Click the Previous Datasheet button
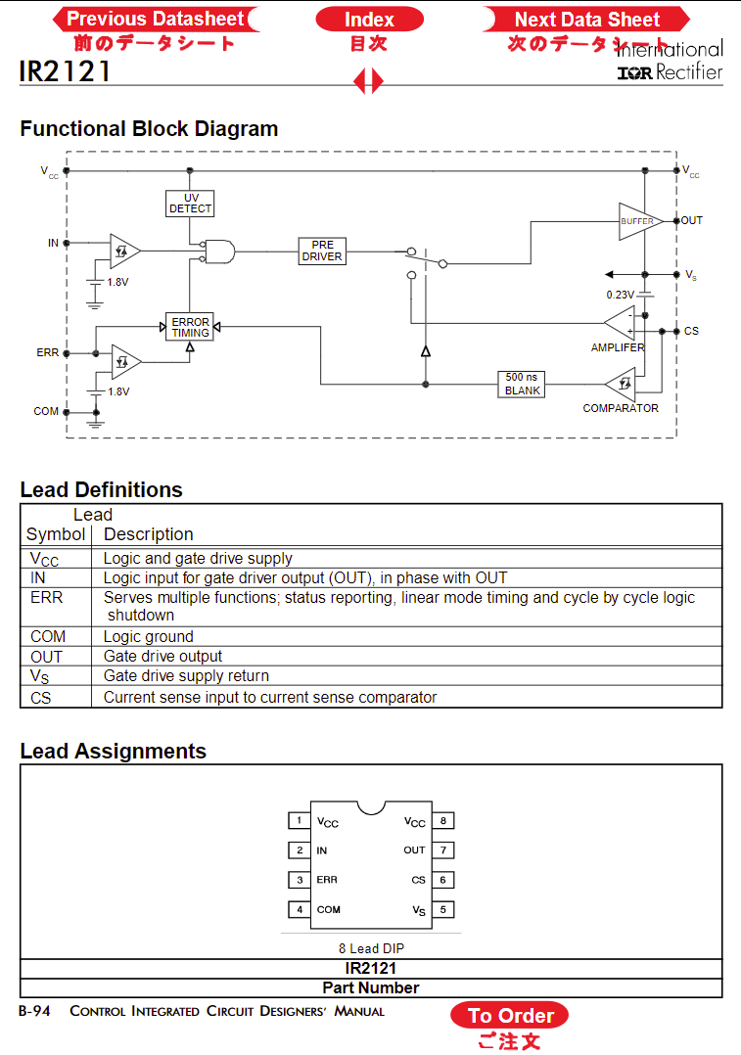click(x=156, y=19)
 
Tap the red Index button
click(x=369, y=20)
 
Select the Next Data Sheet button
click(x=586, y=20)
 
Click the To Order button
click(x=509, y=1015)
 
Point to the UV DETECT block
click(x=190, y=204)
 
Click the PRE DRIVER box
click(x=322, y=251)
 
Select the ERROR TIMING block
click(x=190, y=327)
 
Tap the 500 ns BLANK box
click(x=521, y=385)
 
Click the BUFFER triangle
click(x=639, y=221)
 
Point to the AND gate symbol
click(x=219, y=252)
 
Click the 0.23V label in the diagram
click(x=620, y=295)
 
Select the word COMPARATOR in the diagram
click(x=621, y=408)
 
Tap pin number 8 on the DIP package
click(x=442, y=820)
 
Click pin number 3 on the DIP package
click(x=300, y=880)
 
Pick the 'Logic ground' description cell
click(x=149, y=636)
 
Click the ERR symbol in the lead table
click(x=46, y=597)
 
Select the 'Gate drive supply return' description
click(x=186, y=675)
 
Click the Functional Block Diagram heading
click(x=149, y=128)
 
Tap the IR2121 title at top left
click(x=65, y=71)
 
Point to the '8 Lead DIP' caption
click(x=372, y=948)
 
